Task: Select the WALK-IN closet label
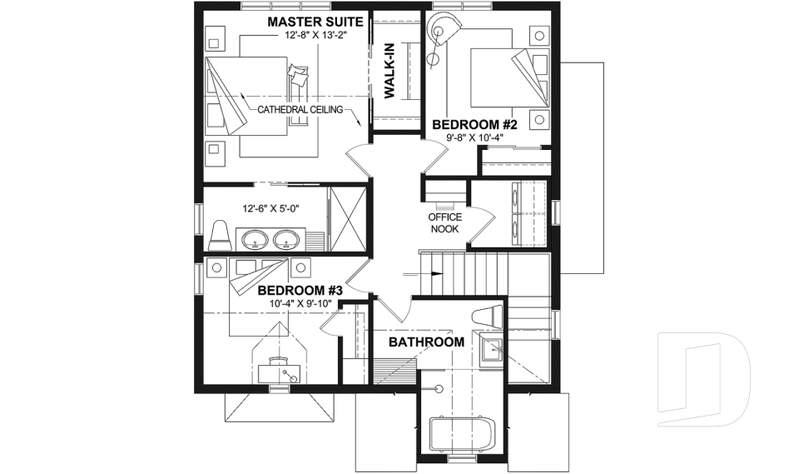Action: pos(389,72)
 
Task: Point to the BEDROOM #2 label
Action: pos(474,124)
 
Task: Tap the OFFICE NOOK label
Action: pos(444,222)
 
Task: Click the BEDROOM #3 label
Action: pos(300,290)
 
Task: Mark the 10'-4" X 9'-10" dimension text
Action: pos(300,304)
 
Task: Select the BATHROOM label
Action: pos(426,342)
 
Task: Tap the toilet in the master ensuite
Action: pos(221,235)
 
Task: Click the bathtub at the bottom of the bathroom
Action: pos(461,436)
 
